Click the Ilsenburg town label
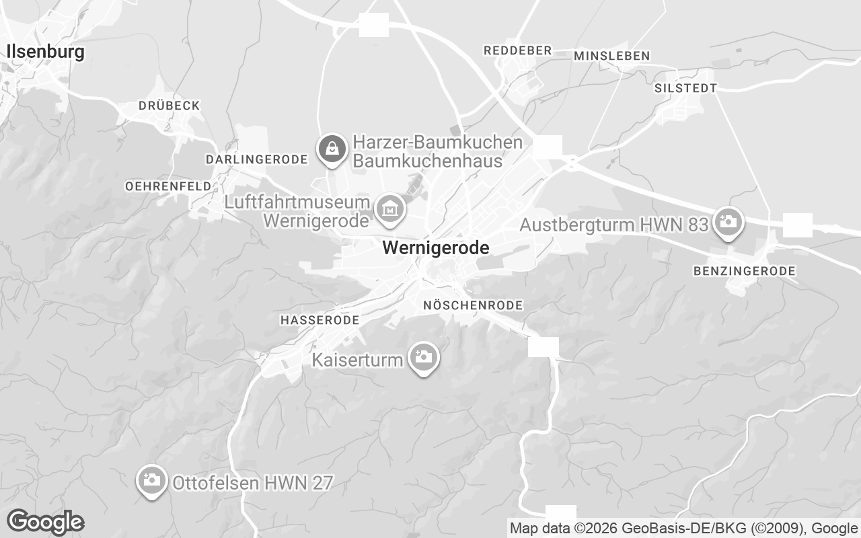pyautogui.click(x=45, y=52)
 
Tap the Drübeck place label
pyautogui.click(x=169, y=106)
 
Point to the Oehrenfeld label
pyautogui.click(x=168, y=186)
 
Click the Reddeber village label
pyautogui.click(x=517, y=50)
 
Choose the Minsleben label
pyautogui.click(x=611, y=56)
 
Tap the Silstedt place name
pyautogui.click(x=685, y=88)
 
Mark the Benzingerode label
pyautogui.click(x=744, y=271)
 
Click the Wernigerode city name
pyautogui.click(x=435, y=248)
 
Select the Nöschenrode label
pyautogui.click(x=472, y=305)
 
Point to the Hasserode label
pyautogui.click(x=320, y=321)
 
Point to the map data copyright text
pyautogui.click(x=684, y=529)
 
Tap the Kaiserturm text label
pyautogui.click(x=357, y=360)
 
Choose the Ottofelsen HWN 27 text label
pyautogui.click(x=252, y=483)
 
